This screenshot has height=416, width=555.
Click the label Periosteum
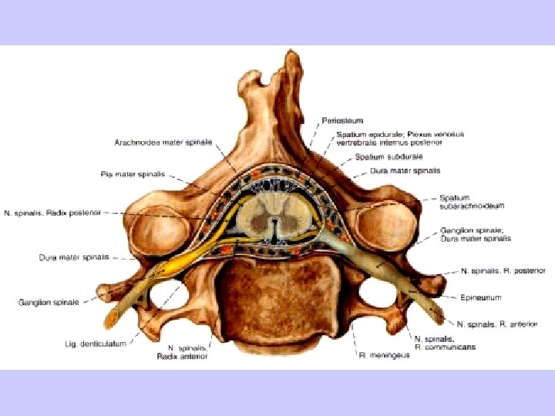click(x=342, y=121)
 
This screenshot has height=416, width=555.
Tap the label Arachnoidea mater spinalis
click(x=163, y=143)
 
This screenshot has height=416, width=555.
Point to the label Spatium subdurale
click(x=389, y=157)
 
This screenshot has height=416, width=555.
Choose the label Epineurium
click(x=480, y=297)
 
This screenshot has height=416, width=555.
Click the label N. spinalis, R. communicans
click(x=445, y=343)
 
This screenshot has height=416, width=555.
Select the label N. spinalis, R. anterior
click(x=496, y=324)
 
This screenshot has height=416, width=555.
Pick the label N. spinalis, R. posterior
click(x=503, y=271)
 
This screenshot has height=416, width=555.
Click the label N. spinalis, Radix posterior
click(x=52, y=213)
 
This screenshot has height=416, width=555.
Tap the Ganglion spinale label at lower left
click(x=49, y=303)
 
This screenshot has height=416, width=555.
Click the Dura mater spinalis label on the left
click(x=74, y=257)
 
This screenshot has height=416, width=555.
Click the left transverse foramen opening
click(x=166, y=294)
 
